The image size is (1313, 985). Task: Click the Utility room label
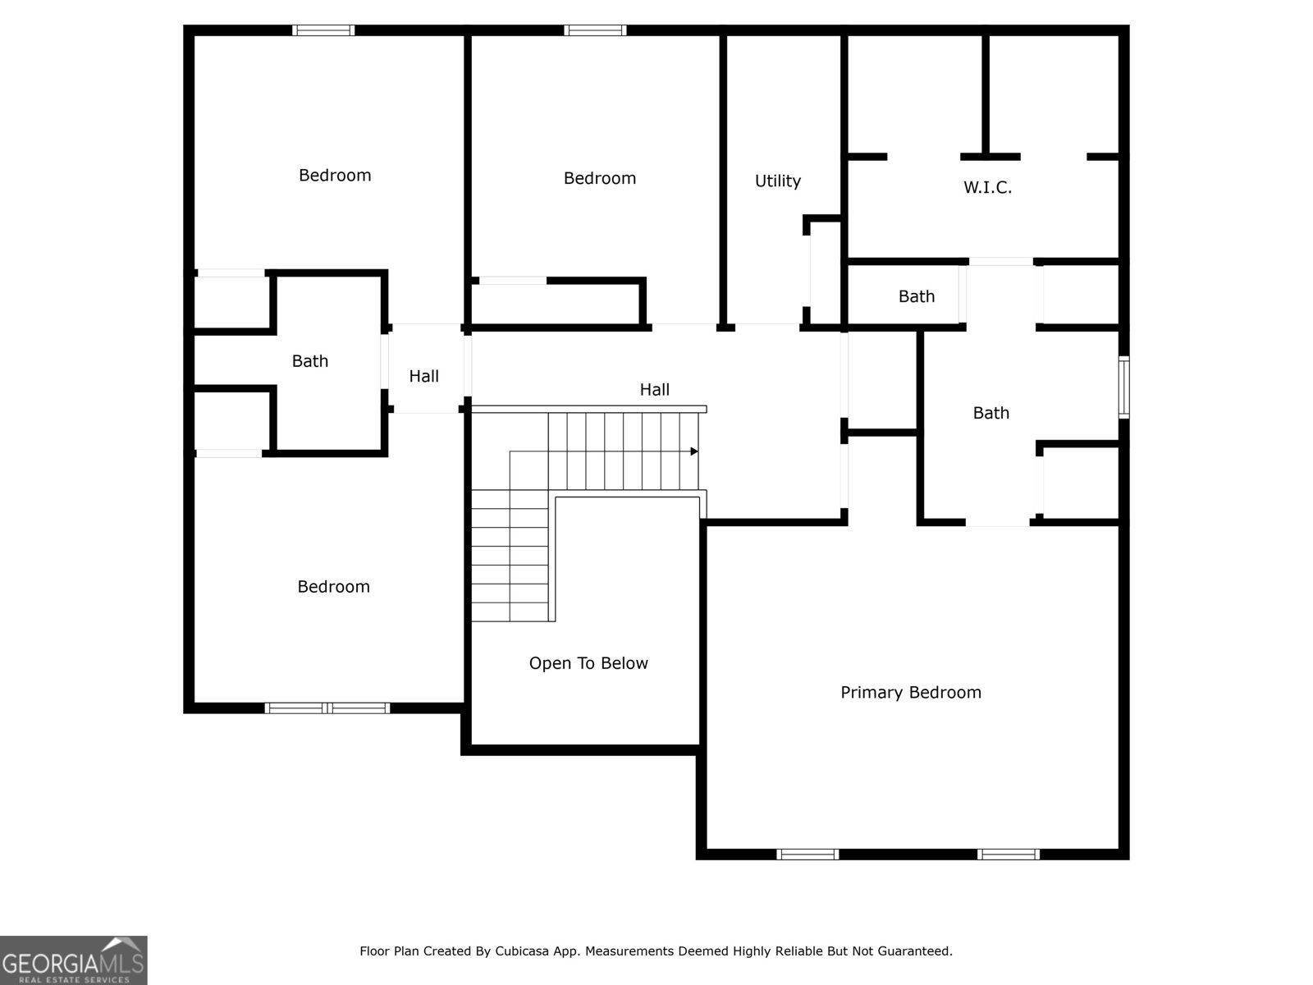point(777,181)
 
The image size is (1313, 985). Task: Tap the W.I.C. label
point(987,187)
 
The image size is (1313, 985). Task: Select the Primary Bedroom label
point(910,692)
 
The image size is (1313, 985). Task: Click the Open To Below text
point(588,663)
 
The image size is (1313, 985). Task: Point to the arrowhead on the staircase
point(694,451)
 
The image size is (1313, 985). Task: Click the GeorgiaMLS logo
point(73,960)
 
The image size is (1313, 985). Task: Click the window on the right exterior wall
point(1124,387)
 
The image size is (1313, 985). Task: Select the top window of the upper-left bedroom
point(323,30)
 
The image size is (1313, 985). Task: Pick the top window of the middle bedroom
point(595,30)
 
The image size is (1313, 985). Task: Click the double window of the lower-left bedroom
point(327,708)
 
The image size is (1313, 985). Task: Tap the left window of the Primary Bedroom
point(807,854)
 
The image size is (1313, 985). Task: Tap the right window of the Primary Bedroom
point(1008,854)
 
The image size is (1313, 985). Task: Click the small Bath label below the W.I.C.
point(916,296)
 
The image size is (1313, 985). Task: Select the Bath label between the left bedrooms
point(309,361)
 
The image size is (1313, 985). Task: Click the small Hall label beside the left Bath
point(423,376)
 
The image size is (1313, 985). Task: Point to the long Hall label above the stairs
point(654,390)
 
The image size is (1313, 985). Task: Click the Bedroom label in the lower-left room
point(333,586)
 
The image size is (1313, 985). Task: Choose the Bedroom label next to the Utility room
point(599,178)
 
